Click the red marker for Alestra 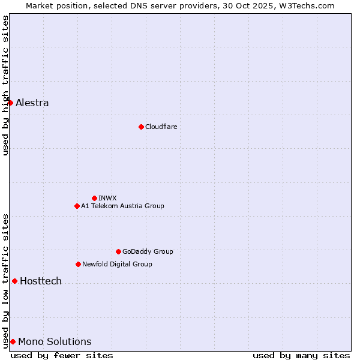click(10, 103)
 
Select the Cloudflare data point click(141, 127)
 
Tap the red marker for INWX click(94, 198)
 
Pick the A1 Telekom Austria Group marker click(77, 206)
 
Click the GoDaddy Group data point click(118, 251)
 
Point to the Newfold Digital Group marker click(78, 264)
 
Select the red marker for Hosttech click(14, 281)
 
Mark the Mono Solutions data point click(13, 341)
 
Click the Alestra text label click(32, 103)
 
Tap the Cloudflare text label click(161, 127)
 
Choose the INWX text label click(107, 198)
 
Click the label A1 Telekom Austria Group click(122, 206)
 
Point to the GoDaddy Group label click(148, 251)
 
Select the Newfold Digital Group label click(117, 264)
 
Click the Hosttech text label click(41, 281)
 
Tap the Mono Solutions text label click(55, 341)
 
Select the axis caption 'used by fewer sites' click(62, 355)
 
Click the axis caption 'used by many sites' click(301, 355)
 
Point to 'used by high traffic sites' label click(5, 85)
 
